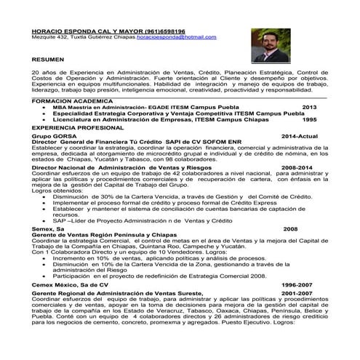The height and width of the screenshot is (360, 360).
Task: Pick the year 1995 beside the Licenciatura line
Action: tap(310, 119)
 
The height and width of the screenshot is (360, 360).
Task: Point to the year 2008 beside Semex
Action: tap(289, 228)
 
